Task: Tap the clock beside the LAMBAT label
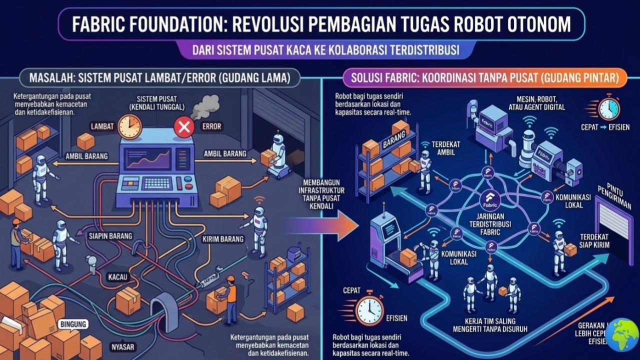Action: click(x=129, y=126)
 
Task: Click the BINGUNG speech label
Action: click(x=73, y=324)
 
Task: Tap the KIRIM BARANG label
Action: click(x=223, y=239)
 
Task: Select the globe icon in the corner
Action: click(x=622, y=334)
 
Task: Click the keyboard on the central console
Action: click(x=158, y=183)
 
